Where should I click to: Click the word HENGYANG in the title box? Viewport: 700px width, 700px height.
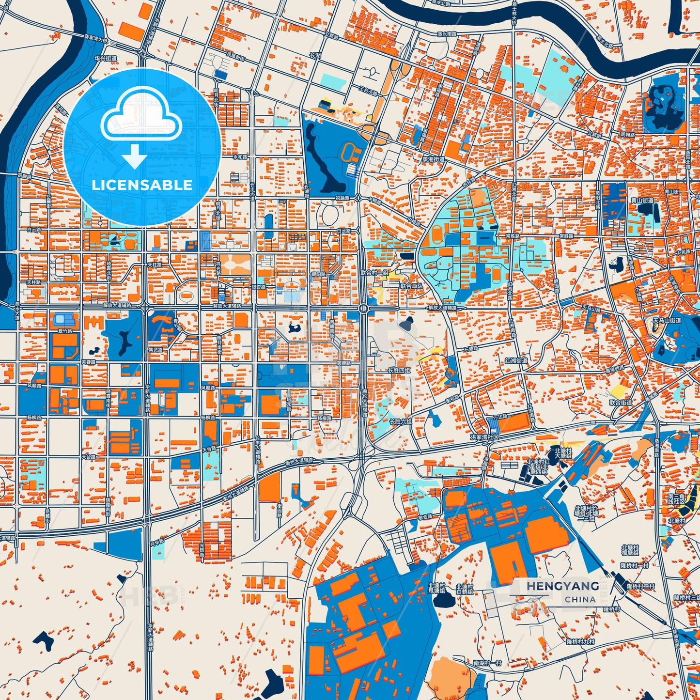(562, 586)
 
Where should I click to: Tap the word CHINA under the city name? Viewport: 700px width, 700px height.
(580, 599)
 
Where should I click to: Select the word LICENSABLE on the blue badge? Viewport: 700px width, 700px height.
(142, 185)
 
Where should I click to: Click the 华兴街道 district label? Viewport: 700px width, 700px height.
(106, 59)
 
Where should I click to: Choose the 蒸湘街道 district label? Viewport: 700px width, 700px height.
(433, 159)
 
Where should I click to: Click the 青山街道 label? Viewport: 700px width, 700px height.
(642, 200)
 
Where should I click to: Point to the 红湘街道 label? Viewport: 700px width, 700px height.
(516, 361)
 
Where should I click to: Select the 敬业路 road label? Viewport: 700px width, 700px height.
(425, 517)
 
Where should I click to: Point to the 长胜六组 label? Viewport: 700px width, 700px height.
(400, 421)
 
